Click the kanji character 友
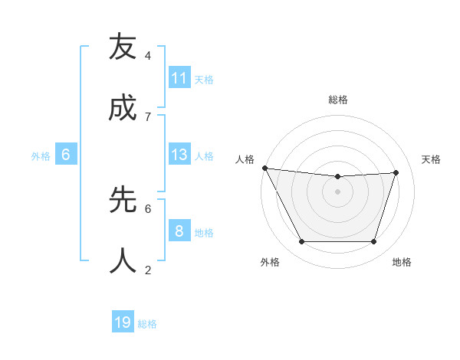coord(123,47)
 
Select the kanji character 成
coord(123,109)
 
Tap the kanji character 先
coord(123,200)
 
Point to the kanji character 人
coord(123,261)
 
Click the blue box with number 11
coord(179,78)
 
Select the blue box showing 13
coord(179,155)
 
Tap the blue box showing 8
coord(179,231)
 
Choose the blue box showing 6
coord(66,155)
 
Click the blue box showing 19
coord(123,322)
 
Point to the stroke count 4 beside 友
coord(148,56)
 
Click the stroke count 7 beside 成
coord(148,116)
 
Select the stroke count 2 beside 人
coord(148,270)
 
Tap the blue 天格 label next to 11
coord(204,79)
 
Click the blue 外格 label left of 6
coord(41,155)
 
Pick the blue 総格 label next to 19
coord(147,323)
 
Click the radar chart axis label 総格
coord(338,100)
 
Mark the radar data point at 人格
coord(264,168)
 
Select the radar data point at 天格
coord(396,172)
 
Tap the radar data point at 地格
coord(374,242)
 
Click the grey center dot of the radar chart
coord(338,191)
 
